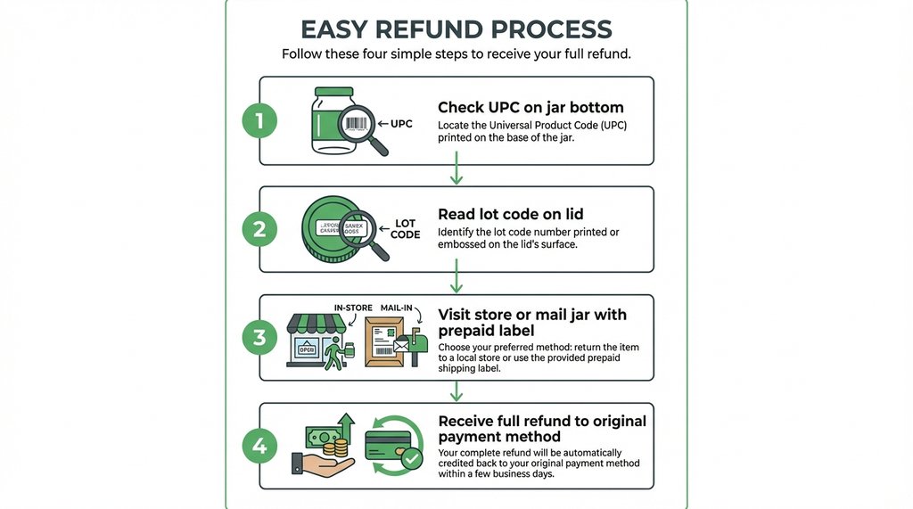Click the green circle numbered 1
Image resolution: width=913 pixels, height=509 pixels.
(x=259, y=121)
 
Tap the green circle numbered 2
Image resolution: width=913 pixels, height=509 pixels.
(x=259, y=229)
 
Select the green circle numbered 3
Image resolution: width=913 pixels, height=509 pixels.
(x=259, y=338)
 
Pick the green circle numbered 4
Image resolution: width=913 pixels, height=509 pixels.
(x=259, y=446)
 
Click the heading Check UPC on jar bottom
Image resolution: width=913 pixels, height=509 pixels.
(x=531, y=108)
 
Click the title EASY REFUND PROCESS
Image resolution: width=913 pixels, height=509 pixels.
(x=456, y=29)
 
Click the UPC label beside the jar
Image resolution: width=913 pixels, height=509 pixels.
(x=401, y=124)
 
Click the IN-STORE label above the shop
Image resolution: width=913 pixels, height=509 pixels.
(x=353, y=308)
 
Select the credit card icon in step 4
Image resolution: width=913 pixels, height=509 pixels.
(x=389, y=443)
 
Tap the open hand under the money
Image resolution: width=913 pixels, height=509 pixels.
(x=321, y=464)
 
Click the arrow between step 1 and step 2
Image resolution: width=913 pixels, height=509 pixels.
(x=456, y=168)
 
